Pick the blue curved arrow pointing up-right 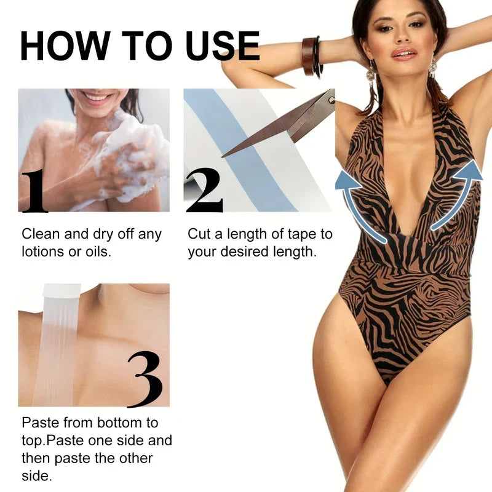458,191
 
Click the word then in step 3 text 38,459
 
